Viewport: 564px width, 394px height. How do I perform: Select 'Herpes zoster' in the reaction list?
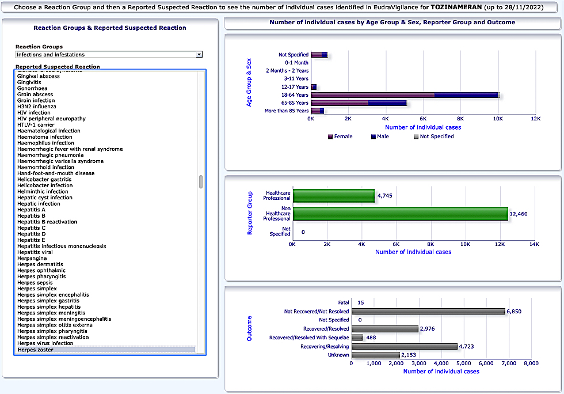point(35,350)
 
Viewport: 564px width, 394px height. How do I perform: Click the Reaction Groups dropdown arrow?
point(199,54)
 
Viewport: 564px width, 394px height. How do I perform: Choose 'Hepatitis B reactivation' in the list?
point(47,222)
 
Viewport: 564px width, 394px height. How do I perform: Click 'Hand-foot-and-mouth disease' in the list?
point(56,173)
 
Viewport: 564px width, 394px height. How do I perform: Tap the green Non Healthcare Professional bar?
point(401,214)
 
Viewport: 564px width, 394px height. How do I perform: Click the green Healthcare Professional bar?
point(334,196)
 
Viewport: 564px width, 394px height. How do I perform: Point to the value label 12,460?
point(519,214)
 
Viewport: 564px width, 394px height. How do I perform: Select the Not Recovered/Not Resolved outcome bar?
point(428,312)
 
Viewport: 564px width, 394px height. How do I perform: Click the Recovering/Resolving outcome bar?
point(405,346)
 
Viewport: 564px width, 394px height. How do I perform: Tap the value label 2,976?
point(427,329)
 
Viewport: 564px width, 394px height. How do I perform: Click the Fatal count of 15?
point(361,302)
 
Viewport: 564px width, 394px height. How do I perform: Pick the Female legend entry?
point(340,137)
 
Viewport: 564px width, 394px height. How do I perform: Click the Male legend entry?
point(380,137)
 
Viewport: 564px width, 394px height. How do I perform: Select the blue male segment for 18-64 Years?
point(466,95)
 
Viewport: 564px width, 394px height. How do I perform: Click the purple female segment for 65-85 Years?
point(340,103)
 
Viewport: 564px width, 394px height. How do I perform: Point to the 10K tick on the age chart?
point(498,119)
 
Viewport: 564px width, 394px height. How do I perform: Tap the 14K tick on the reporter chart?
point(535,244)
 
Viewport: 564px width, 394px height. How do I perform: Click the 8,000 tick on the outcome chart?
point(531,363)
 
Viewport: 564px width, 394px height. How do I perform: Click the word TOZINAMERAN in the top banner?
point(456,7)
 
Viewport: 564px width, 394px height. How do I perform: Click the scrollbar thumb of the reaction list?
point(201,181)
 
